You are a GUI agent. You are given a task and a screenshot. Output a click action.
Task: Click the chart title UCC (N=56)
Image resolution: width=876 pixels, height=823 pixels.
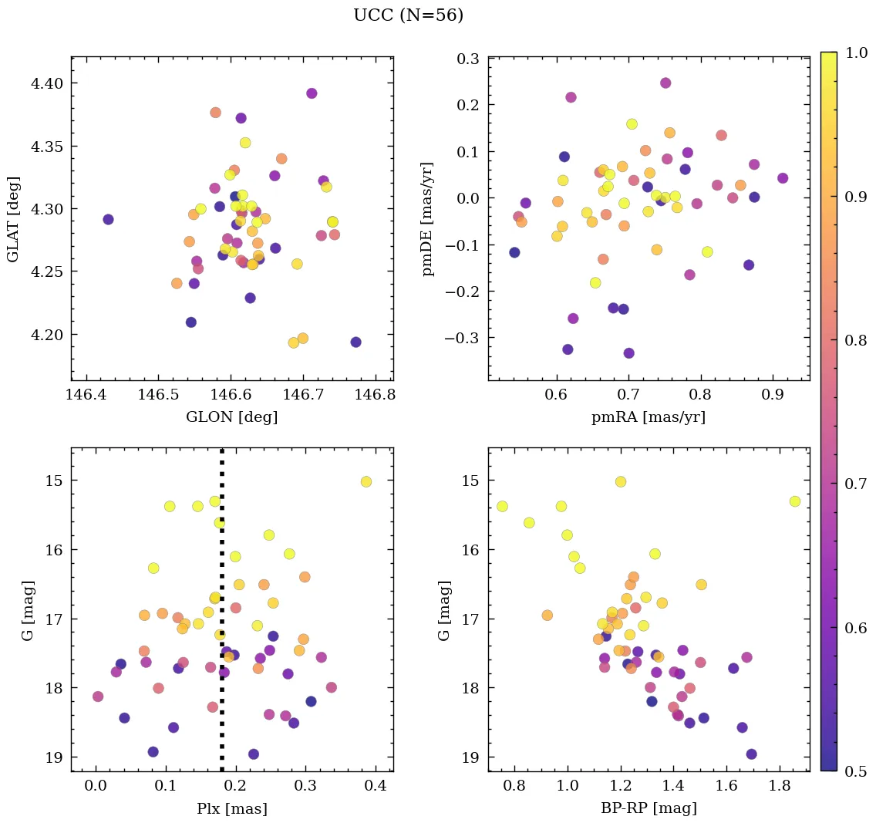[x=408, y=15]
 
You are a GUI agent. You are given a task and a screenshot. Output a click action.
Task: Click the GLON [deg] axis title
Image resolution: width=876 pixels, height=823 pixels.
[x=232, y=417]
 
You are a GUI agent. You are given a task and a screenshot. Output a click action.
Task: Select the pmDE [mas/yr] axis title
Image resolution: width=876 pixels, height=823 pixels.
[x=428, y=218]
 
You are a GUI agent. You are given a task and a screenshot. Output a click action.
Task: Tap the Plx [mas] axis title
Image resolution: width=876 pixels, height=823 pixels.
[x=232, y=808]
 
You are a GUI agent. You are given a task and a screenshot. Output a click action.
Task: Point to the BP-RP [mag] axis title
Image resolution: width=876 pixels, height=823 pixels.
[x=649, y=808]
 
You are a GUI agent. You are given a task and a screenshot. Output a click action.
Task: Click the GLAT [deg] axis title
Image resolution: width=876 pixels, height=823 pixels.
[x=14, y=218]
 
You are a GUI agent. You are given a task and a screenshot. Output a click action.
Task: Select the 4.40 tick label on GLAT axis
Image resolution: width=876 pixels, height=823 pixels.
[x=45, y=83]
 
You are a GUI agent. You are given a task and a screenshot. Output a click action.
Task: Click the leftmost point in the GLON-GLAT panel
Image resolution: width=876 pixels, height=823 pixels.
[x=108, y=219]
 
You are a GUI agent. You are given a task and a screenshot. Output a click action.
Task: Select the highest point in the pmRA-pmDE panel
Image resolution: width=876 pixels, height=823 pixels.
[x=665, y=83]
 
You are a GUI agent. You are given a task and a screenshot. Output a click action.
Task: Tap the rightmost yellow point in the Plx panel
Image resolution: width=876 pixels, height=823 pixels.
[x=366, y=481]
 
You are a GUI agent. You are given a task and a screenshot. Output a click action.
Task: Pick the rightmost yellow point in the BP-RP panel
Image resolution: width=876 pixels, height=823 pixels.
[x=795, y=501]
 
